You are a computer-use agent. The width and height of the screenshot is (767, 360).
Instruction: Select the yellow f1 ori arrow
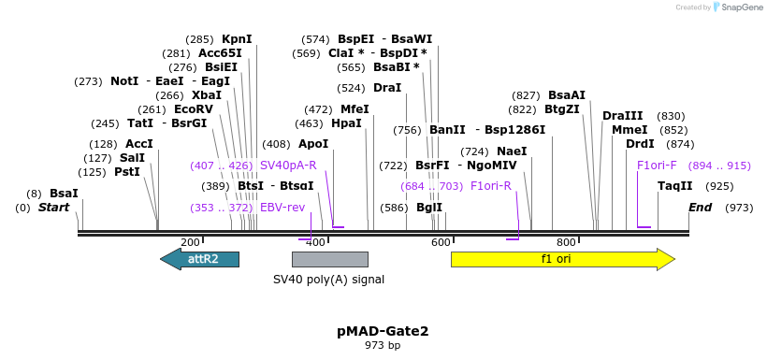(561, 259)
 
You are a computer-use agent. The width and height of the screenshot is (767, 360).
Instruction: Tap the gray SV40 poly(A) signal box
(329, 259)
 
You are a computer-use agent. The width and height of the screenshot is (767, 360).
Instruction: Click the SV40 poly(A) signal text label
(328, 280)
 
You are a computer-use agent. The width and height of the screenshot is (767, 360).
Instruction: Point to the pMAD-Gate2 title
(383, 331)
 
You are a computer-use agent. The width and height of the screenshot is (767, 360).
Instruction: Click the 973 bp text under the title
(383, 346)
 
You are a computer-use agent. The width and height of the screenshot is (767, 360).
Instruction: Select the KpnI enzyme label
(237, 39)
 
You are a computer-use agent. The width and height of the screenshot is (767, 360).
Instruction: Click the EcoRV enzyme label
(194, 109)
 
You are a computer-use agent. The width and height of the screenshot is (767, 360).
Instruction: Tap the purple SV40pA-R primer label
(288, 166)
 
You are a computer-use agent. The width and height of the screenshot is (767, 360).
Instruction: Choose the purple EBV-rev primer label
(282, 208)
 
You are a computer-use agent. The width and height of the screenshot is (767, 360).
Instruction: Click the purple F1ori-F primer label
(657, 166)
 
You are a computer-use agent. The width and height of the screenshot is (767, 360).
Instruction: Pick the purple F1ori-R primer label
(491, 186)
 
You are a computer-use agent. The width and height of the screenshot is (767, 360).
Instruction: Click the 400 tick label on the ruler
(315, 242)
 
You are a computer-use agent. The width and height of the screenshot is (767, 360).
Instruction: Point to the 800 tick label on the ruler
(566, 242)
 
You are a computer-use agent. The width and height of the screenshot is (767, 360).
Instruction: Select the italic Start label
(53, 208)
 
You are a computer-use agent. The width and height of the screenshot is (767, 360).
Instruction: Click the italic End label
(700, 208)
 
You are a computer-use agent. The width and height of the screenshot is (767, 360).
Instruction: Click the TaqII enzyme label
(674, 186)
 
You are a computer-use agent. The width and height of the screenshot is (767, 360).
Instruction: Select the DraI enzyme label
(387, 88)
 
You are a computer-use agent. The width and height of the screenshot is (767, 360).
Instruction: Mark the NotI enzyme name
(124, 81)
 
